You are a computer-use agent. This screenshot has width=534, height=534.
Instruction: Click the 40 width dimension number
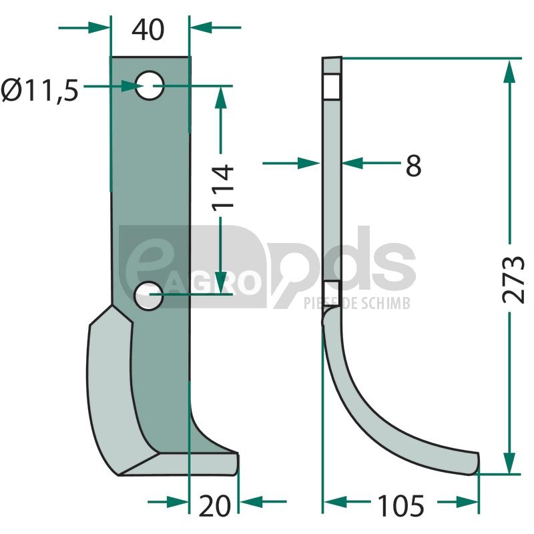coord(148,30)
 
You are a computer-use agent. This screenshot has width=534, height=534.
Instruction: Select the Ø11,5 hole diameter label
coord(39,91)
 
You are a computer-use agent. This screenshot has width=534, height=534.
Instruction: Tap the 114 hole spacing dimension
coord(223,187)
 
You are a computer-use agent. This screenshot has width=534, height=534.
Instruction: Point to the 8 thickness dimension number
coord(413,166)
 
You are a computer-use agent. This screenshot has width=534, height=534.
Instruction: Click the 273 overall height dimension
coord(513,279)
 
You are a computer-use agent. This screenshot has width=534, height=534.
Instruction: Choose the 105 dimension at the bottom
coord(401,506)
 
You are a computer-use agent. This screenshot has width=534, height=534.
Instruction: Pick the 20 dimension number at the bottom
coord(214,506)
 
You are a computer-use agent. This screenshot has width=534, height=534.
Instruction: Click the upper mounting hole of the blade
coord(150,85)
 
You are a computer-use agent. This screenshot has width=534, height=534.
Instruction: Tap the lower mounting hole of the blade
coord(149,296)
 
